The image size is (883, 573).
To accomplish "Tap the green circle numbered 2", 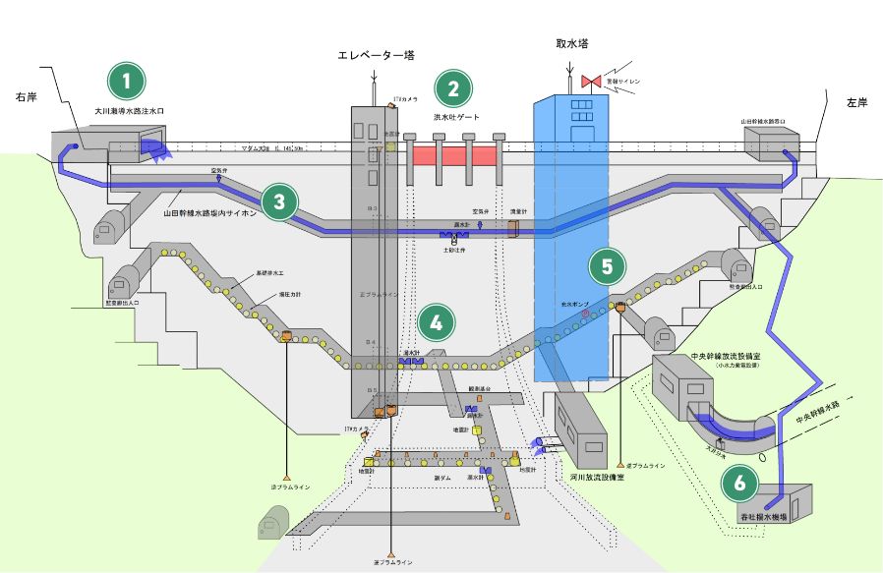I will coord(453,88).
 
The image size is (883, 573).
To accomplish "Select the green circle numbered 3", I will coord(280,202).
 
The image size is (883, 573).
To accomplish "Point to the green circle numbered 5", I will coord(607,265).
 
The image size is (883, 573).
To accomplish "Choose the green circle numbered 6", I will coord(739,482).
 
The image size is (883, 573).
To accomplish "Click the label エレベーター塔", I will coord(374,56).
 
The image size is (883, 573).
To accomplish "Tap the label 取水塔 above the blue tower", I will coord(570,44).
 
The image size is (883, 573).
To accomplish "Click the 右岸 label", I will coord(27,96).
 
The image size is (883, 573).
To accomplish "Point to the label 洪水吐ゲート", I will coord(456,117).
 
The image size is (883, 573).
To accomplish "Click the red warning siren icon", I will coord(592,80).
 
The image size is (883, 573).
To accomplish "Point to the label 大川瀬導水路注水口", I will coord(130,111).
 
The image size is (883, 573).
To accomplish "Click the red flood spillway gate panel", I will coord(455,154).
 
